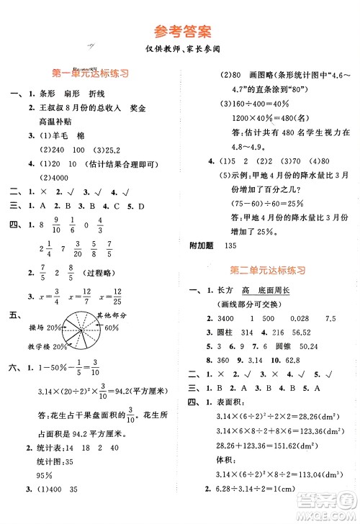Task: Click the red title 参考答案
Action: coord(179,31)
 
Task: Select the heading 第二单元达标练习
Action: coord(269,270)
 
